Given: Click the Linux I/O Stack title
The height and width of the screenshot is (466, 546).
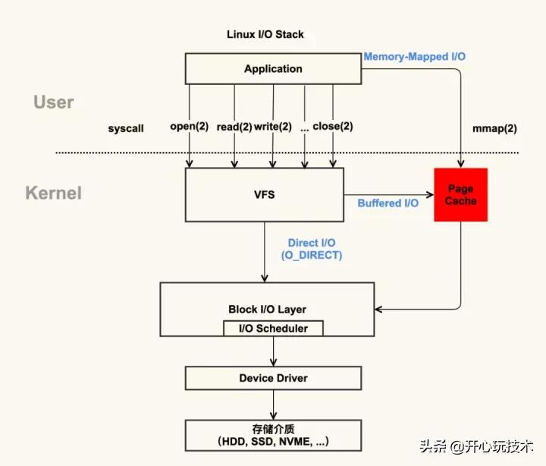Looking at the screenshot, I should (265, 35).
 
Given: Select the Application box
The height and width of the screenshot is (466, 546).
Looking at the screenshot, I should (273, 69).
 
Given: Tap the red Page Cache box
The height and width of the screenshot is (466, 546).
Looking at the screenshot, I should (460, 195).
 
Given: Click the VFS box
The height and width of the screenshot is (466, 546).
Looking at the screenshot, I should (265, 195).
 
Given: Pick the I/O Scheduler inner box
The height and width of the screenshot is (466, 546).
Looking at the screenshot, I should (273, 329).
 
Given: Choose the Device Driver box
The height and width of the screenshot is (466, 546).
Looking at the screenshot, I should (273, 378).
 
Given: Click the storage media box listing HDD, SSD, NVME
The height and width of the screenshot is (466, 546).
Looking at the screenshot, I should (273, 434).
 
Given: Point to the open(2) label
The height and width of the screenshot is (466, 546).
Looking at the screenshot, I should (189, 127).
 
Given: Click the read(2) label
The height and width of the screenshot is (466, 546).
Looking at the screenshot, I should (234, 127).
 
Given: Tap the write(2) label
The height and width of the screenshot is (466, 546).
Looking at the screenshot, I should (272, 127).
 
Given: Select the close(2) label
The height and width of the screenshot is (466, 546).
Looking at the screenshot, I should (333, 127).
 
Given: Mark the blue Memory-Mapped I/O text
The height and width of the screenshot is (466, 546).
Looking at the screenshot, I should (415, 57).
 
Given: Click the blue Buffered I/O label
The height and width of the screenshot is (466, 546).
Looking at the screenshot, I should (388, 203).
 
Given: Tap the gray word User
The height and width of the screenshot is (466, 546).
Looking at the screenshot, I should (53, 102).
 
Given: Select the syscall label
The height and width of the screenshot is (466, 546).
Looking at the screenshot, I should (126, 129).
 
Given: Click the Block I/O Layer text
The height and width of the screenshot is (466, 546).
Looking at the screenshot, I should (267, 310).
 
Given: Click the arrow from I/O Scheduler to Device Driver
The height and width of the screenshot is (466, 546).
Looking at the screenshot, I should (273, 351).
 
